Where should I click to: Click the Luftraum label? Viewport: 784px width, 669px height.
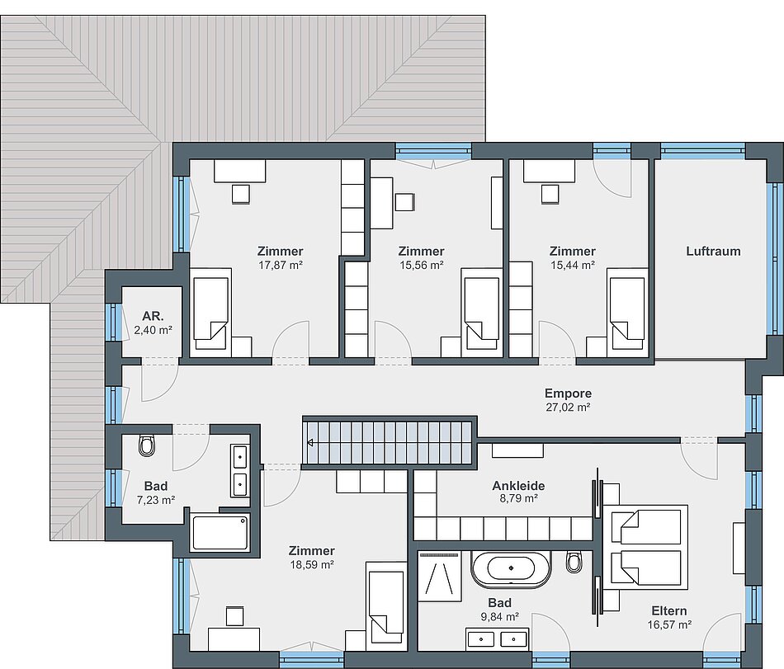(713, 251)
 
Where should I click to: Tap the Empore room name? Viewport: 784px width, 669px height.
(568, 393)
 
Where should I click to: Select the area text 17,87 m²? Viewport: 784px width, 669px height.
(281, 266)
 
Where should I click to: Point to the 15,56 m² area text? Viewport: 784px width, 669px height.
(421, 266)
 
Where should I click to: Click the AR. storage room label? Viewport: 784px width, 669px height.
(153, 316)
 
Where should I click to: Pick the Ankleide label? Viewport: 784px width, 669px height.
(518, 485)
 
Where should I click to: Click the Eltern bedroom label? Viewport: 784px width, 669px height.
(669, 610)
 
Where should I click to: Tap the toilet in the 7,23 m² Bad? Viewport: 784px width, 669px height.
(148, 445)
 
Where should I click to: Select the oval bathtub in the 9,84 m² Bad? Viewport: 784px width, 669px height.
(511, 568)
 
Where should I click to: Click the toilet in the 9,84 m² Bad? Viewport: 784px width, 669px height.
(574, 562)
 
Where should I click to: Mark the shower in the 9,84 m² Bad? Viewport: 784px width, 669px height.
(440, 576)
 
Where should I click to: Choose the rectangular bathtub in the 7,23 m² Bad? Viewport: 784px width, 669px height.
(220, 533)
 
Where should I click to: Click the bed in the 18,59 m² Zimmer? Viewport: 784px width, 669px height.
(385, 606)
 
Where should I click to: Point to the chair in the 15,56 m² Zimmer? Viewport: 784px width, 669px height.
(405, 202)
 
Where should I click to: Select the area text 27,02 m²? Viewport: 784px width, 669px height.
(568, 408)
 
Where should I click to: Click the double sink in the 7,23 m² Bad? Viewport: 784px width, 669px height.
(240, 470)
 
